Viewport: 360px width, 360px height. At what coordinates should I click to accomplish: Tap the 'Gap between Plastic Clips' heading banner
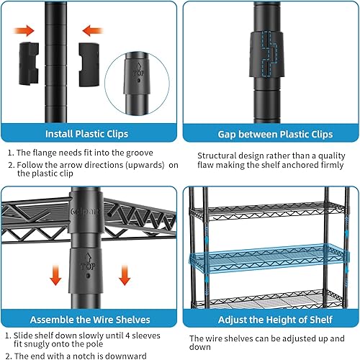pyautogui.click(x=269, y=133)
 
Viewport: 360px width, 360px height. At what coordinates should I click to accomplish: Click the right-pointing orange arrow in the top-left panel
pyautogui.click(x=24, y=31)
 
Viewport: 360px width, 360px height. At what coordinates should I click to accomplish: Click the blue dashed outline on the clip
pyautogui.click(x=270, y=54)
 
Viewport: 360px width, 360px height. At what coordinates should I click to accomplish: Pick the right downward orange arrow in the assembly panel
pyautogui.click(x=123, y=275)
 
